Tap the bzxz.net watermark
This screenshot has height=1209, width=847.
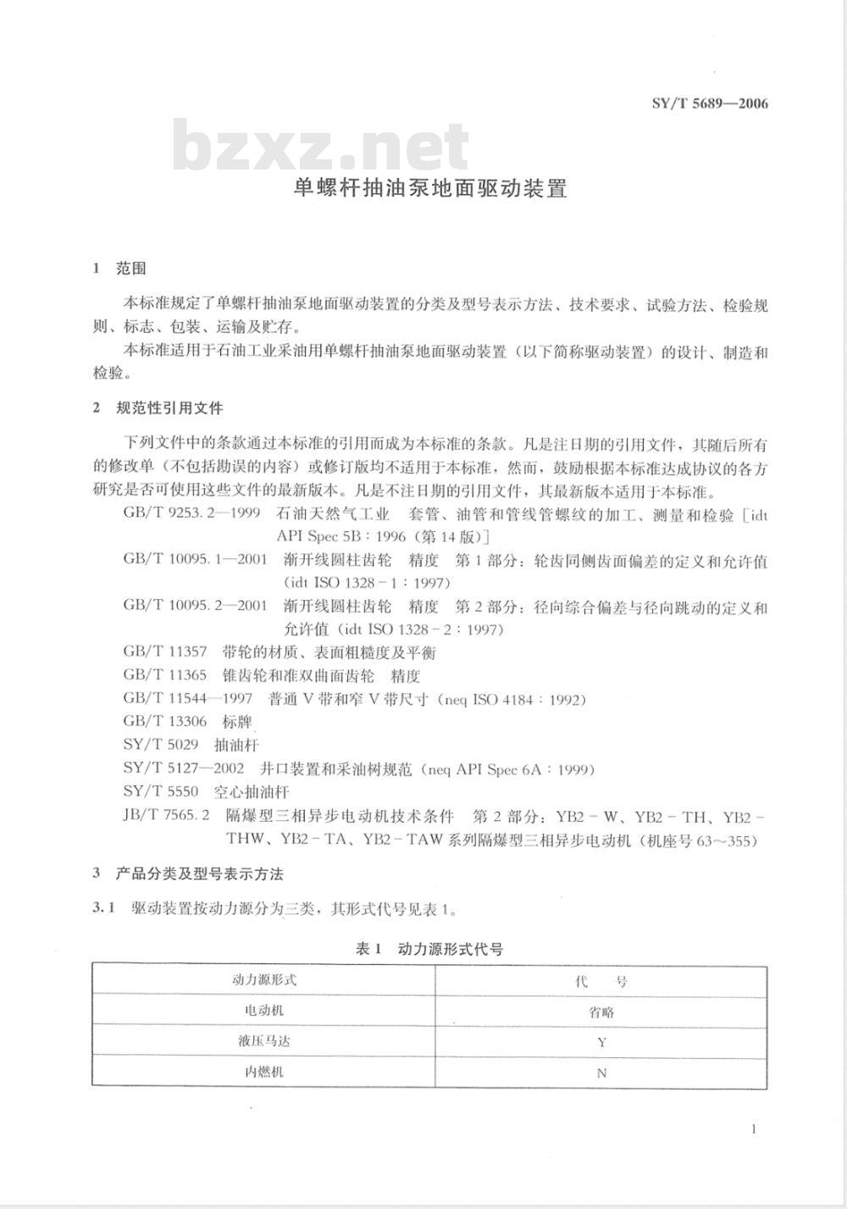point(321,147)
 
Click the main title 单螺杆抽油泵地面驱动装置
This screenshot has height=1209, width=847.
point(430,188)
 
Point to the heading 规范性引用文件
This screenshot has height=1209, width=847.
point(169,408)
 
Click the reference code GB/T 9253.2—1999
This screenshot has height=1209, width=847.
point(191,514)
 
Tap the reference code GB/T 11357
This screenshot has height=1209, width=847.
point(165,652)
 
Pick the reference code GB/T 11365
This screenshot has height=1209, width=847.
point(165,676)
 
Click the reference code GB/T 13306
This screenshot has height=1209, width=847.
point(165,722)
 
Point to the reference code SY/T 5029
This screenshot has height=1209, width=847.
point(161,745)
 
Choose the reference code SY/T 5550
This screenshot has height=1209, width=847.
point(161,791)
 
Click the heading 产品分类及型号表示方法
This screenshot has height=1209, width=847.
point(200,873)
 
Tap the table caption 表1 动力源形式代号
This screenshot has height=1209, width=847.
point(429,950)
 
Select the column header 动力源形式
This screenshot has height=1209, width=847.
point(264,980)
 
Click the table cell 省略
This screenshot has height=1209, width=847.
point(601,1012)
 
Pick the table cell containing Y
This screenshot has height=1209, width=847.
point(601,1042)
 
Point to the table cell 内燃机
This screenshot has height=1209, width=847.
point(264,1073)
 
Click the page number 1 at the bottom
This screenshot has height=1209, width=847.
point(753,1129)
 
